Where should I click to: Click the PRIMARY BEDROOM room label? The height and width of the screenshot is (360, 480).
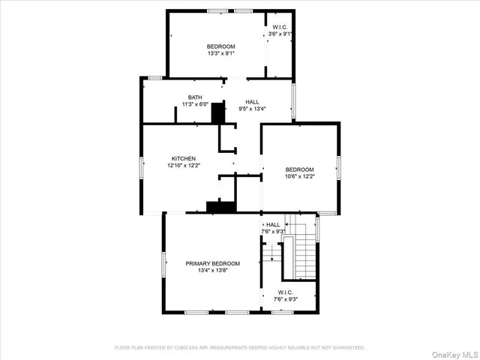pyautogui.click(x=213, y=263)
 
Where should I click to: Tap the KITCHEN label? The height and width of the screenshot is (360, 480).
pyautogui.click(x=183, y=158)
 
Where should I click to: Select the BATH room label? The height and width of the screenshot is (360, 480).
pyautogui.click(x=195, y=97)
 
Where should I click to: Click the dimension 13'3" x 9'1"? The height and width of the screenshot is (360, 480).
pyautogui.click(x=221, y=53)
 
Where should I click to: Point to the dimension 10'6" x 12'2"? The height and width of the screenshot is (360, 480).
pyautogui.click(x=299, y=176)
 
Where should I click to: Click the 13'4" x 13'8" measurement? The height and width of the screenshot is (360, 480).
pyautogui.click(x=213, y=271)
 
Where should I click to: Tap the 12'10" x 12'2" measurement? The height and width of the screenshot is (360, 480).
pyautogui.click(x=183, y=166)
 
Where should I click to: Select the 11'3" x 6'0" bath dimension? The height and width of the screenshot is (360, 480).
pyautogui.click(x=195, y=105)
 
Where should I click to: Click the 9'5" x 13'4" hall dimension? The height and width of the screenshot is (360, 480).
pyautogui.click(x=253, y=109)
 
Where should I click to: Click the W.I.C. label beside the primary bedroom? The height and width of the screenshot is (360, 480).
pyautogui.click(x=285, y=292)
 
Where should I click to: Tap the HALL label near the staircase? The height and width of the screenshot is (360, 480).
pyautogui.click(x=273, y=224)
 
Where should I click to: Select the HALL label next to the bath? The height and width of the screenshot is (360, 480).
pyautogui.click(x=253, y=101)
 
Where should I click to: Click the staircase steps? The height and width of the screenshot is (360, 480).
pyautogui.click(x=306, y=255)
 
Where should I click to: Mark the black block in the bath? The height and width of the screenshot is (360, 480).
pyautogui.click(x=218, y=113)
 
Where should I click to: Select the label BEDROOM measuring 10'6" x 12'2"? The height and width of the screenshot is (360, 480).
pyautogui.click(x=299, y=169)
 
